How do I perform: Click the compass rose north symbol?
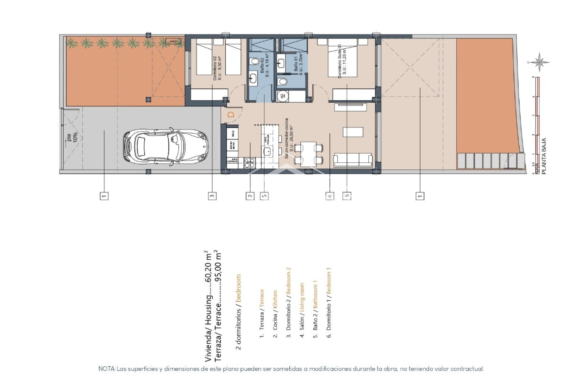pyautogui.click(x=540, y=62)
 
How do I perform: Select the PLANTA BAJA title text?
pyautogui.click(x=544, y=156)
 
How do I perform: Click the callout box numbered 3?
pyautogui.click(x=212, y=196)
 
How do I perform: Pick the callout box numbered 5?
pyautogui.click(x=265, y=196)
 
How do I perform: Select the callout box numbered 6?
pyautogui.click(x=347, y=196)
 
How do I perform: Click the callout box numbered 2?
pyautogui.click(x=250, y=196)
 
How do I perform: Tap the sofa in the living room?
pyautogui.click(x=353, y=160)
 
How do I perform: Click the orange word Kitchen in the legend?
pyautogui.click(x=275, y=300)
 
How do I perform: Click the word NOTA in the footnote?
pyautogui.click(x=107, y=369)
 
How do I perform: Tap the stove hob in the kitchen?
pyautogui.click(x=250, y=163)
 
